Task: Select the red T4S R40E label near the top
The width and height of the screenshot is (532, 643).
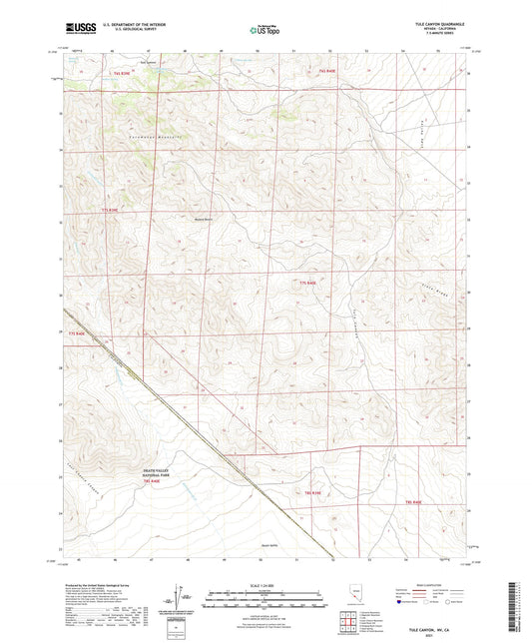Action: click(328, 72)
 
